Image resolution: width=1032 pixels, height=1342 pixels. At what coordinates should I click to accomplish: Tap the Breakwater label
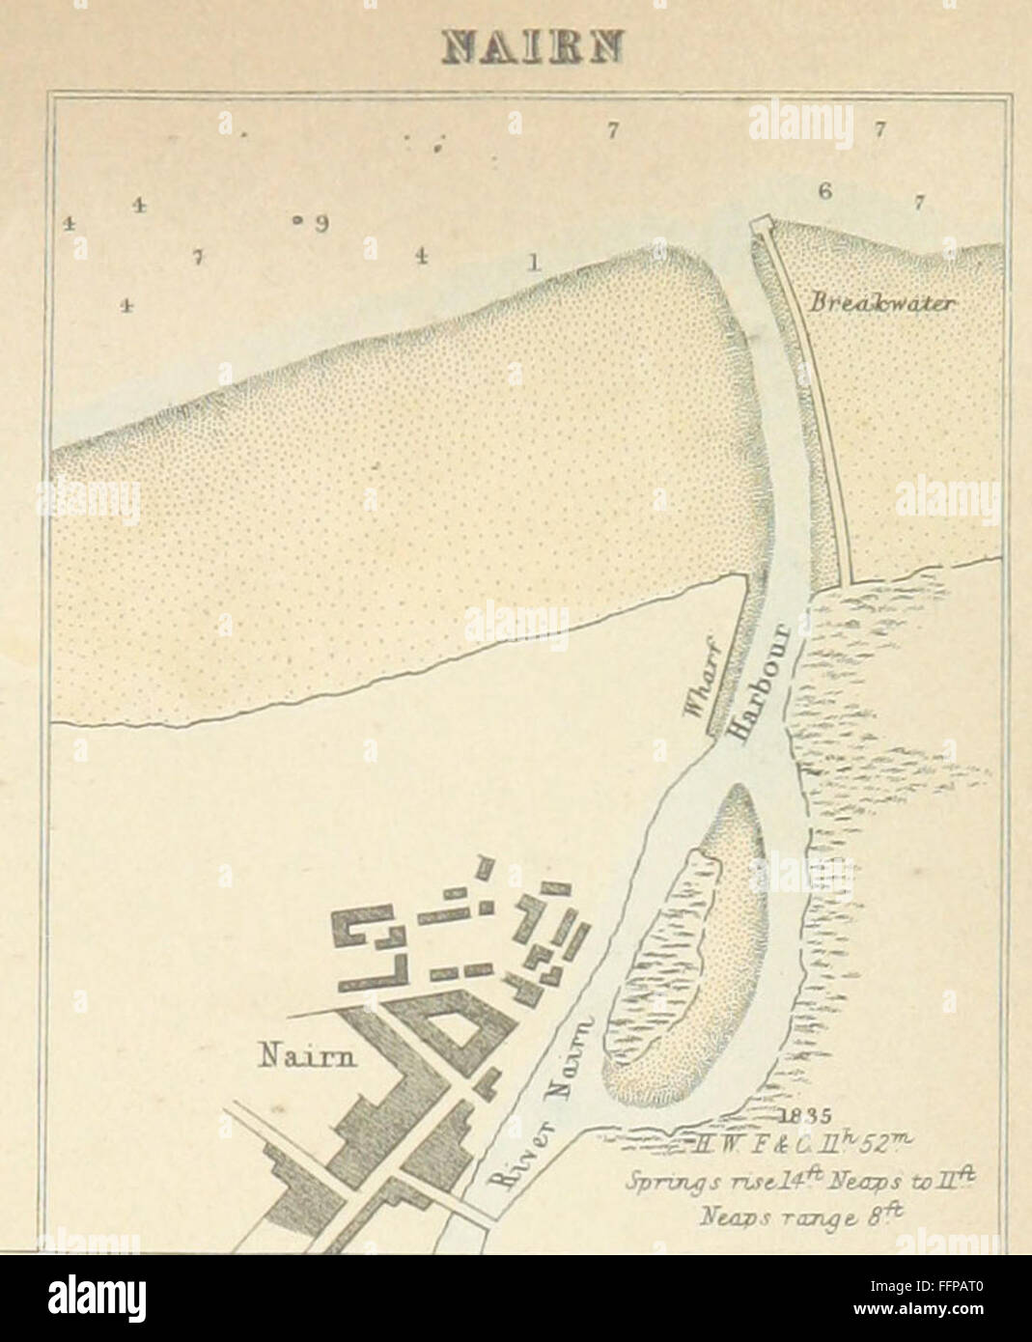point(882,303)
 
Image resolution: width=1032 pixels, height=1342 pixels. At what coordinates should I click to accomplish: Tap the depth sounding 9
point(321,223)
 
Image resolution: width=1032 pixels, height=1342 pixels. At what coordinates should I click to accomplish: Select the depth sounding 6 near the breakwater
point(824,191)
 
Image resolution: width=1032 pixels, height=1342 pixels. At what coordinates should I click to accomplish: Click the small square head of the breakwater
point(762,225)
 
